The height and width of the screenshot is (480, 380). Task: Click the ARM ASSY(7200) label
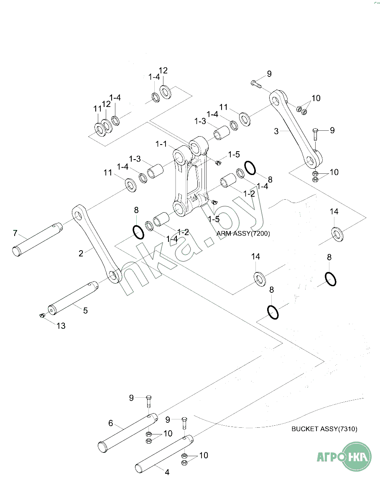pos(243,234)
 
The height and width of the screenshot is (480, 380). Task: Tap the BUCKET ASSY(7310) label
pos(324,429)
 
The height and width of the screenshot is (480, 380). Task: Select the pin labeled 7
pos(37,239)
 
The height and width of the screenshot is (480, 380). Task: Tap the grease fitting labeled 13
pos(42,316)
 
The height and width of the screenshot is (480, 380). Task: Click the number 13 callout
pos(61,326)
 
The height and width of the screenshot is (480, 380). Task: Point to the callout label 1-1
pos(161,144)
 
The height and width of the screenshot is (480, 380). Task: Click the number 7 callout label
pos(15,233)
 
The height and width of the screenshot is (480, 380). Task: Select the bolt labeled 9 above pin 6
pos(148,402)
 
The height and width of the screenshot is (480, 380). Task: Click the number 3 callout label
pos(276,131)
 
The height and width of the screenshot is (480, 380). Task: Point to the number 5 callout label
pos(85,310)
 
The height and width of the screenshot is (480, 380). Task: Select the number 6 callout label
pos(110,423)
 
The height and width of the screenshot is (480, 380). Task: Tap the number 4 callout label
pos(167,472)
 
